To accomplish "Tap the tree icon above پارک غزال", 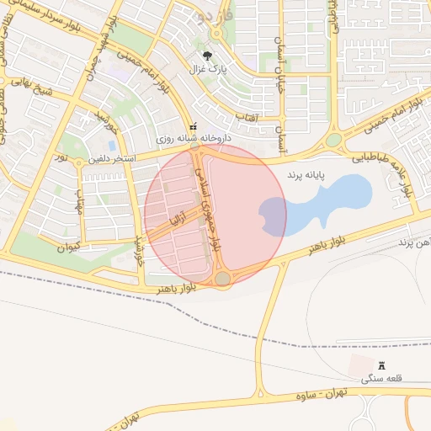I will (207, 56).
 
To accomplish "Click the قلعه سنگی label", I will (382, 380).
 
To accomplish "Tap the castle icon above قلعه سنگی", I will (381, 367).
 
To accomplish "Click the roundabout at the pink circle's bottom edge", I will (223, 278).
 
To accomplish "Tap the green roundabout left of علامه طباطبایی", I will (334, 140).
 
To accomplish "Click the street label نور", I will (61, 157).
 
